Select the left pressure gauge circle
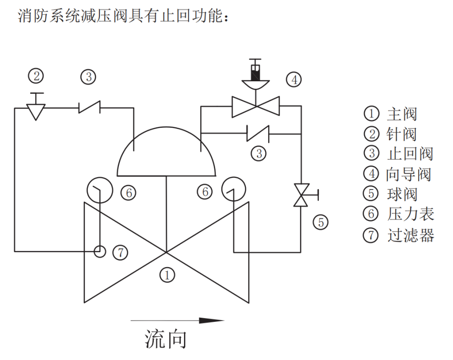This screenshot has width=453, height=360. coord(99,190)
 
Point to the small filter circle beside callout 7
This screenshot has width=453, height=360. coord(99,251)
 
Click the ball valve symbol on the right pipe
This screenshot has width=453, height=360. coord(301,195)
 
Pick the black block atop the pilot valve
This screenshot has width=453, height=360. coord(255,73)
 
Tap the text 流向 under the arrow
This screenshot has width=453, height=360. coord(166,339)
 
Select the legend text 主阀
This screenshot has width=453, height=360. coord(401,114)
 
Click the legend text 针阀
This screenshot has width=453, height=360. coord(401,134)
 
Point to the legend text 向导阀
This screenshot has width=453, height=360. coord(409,174)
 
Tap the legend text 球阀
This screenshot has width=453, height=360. coord(401,194)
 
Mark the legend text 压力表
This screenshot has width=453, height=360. coord(410,214)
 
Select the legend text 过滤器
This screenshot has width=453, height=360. coord(410,236)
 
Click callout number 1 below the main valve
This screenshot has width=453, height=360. coord(167,275)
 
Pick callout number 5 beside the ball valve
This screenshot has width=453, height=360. coord(321,223)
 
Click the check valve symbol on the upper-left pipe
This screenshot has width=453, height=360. coord(90,108)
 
